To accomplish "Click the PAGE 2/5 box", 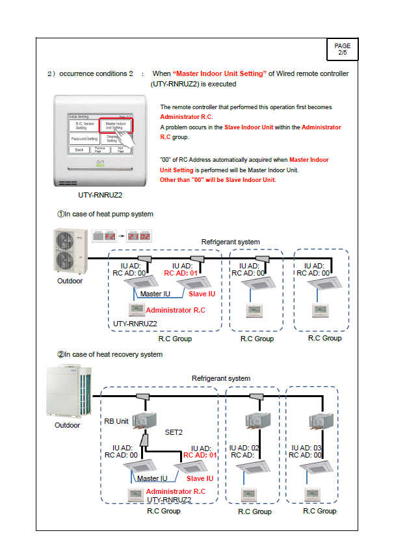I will click(x=342, y=49).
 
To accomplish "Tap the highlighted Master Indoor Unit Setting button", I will click(x=116, y=125).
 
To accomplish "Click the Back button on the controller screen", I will click(x=78, y=149).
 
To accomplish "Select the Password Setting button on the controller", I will click(x=84, y=138).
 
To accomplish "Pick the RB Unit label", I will click(x=118, y=421).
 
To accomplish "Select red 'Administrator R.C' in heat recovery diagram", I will click(x=176, y=491).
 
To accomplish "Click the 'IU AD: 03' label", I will click(x=308, y=448).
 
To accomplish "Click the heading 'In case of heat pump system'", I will click(x=105, y=214).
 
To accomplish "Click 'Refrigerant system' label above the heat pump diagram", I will click(x=230, y=242).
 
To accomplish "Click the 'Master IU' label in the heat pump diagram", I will click(x=154, y=294).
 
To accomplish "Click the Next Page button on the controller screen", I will click(x=120, y=149).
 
